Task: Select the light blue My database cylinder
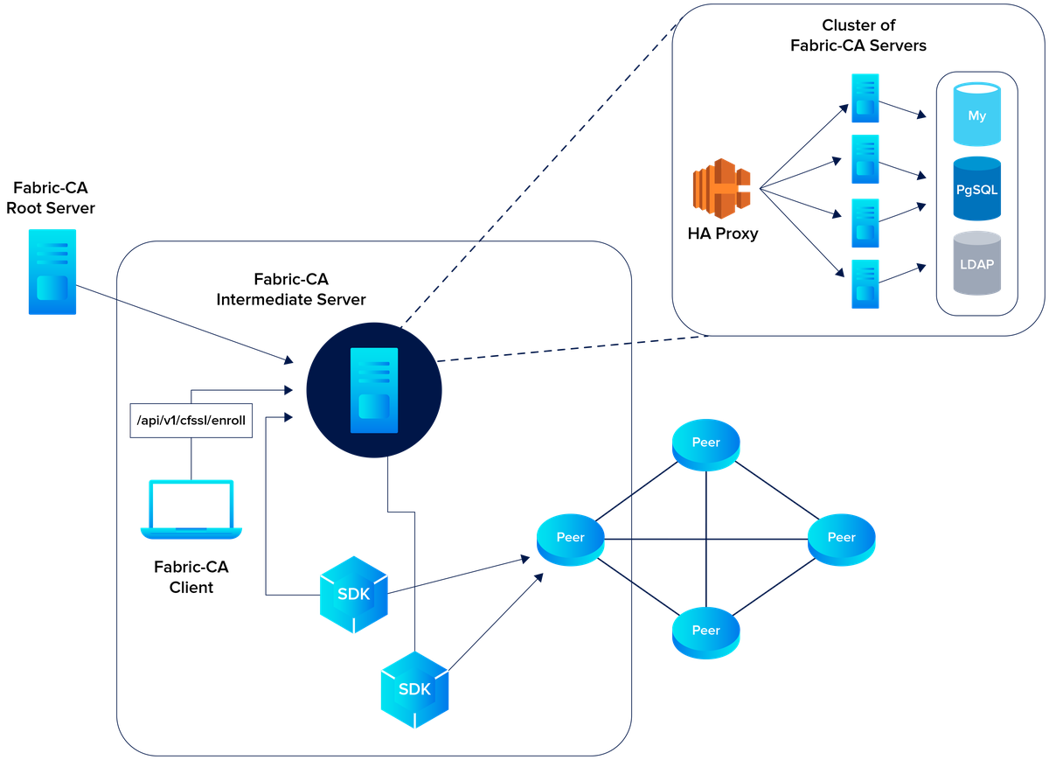click(x=977, y=115)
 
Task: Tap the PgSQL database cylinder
click(x=977, y=188)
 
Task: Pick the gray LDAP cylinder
click(x=977, y=263)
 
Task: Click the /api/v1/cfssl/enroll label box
click(x=191, y=421)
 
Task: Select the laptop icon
click(x=191, y=509)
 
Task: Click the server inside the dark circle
click(x=374, y=390)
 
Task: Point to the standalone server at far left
click(x=52, y=271)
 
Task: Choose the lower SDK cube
click(x=414, y=689)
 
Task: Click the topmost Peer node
click(x=705, y=443)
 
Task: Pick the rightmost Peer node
click(x=841, y=538)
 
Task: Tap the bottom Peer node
click(x=705, y=631)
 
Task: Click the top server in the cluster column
click(x=865, y=99)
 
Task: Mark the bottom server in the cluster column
click(x=865, y=283)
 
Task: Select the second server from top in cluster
click(x=865, y=159)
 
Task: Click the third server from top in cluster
click(x=865, y=223)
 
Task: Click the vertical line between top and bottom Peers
click(x=705, y=538)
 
